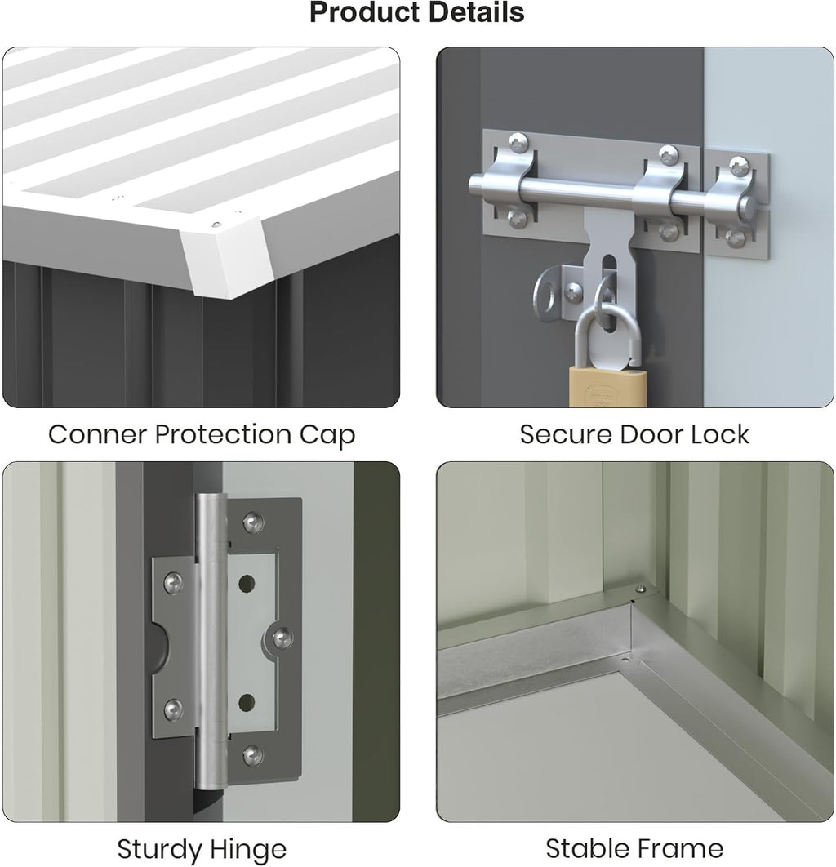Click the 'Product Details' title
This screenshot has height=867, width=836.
pyautogui.click(x=417, y=12)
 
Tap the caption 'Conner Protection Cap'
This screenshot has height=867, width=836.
pyautogui.click(x=202, y=435)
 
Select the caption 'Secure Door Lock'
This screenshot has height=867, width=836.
pyautogui.click(x=634, y=434)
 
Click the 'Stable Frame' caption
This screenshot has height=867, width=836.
pyautogui.click(x=634, y=848)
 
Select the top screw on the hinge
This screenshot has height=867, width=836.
pyautogui.click(x=253, y=522)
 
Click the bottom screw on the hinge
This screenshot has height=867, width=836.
pyautogui.click(x=253, y=755)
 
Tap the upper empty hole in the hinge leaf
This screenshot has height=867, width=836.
pyautogui.click(x=247, y=583)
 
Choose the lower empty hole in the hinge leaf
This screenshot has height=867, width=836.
pyautogui.click(x=247, y=703)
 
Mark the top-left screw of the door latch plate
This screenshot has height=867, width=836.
pyautogui.click(x=518, y=143)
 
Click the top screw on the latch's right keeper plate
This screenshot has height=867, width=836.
pyautogui.click(x=739, y=166)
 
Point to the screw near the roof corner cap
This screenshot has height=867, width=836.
pyautogui.click(x=216, y=225)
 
